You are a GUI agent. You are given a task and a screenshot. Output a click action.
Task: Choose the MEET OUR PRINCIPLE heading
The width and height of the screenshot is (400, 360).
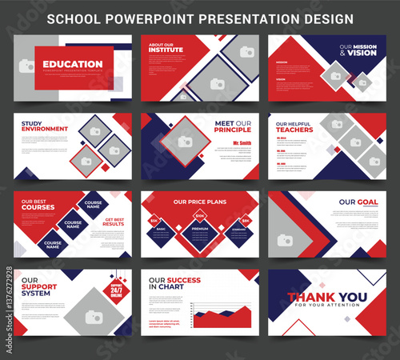point(234,126)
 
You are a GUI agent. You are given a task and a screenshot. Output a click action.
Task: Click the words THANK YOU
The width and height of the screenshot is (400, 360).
point(328,298)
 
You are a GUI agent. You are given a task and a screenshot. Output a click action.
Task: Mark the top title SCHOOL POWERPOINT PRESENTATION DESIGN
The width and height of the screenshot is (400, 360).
point(200,17)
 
